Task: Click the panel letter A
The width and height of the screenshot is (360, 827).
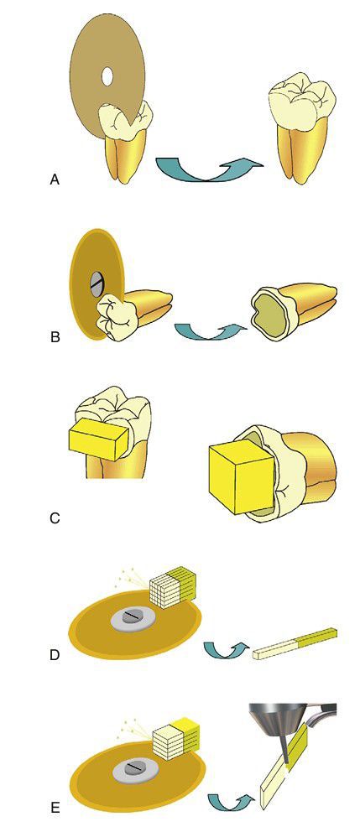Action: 54,180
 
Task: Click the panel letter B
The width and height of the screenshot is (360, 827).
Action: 55,336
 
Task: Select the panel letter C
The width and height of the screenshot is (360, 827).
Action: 54,518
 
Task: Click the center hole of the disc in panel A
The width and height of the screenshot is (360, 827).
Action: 106,77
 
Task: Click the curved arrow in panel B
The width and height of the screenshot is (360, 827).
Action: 211,333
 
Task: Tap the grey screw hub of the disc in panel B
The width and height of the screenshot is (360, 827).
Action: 96,285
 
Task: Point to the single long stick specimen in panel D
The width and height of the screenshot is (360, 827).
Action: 295,643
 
